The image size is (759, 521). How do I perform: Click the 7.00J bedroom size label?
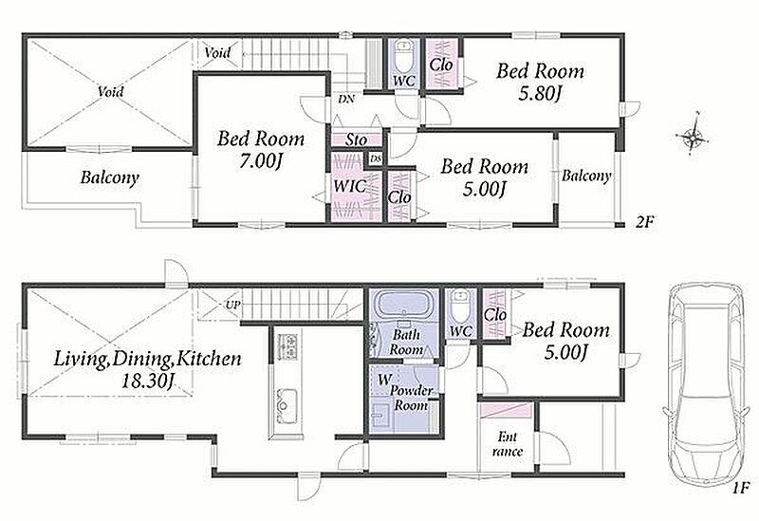260,161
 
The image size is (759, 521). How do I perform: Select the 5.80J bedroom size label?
540,93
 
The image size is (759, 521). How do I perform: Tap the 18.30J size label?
147,381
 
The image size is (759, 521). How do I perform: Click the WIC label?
349,186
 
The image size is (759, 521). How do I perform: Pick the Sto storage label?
357,140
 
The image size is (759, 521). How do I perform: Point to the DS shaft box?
375,158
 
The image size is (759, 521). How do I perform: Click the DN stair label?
346,100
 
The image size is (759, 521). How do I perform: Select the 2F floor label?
645,222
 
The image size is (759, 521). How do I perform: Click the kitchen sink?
287,400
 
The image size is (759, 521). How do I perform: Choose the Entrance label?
508,444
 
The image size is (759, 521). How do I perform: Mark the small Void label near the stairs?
216,52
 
